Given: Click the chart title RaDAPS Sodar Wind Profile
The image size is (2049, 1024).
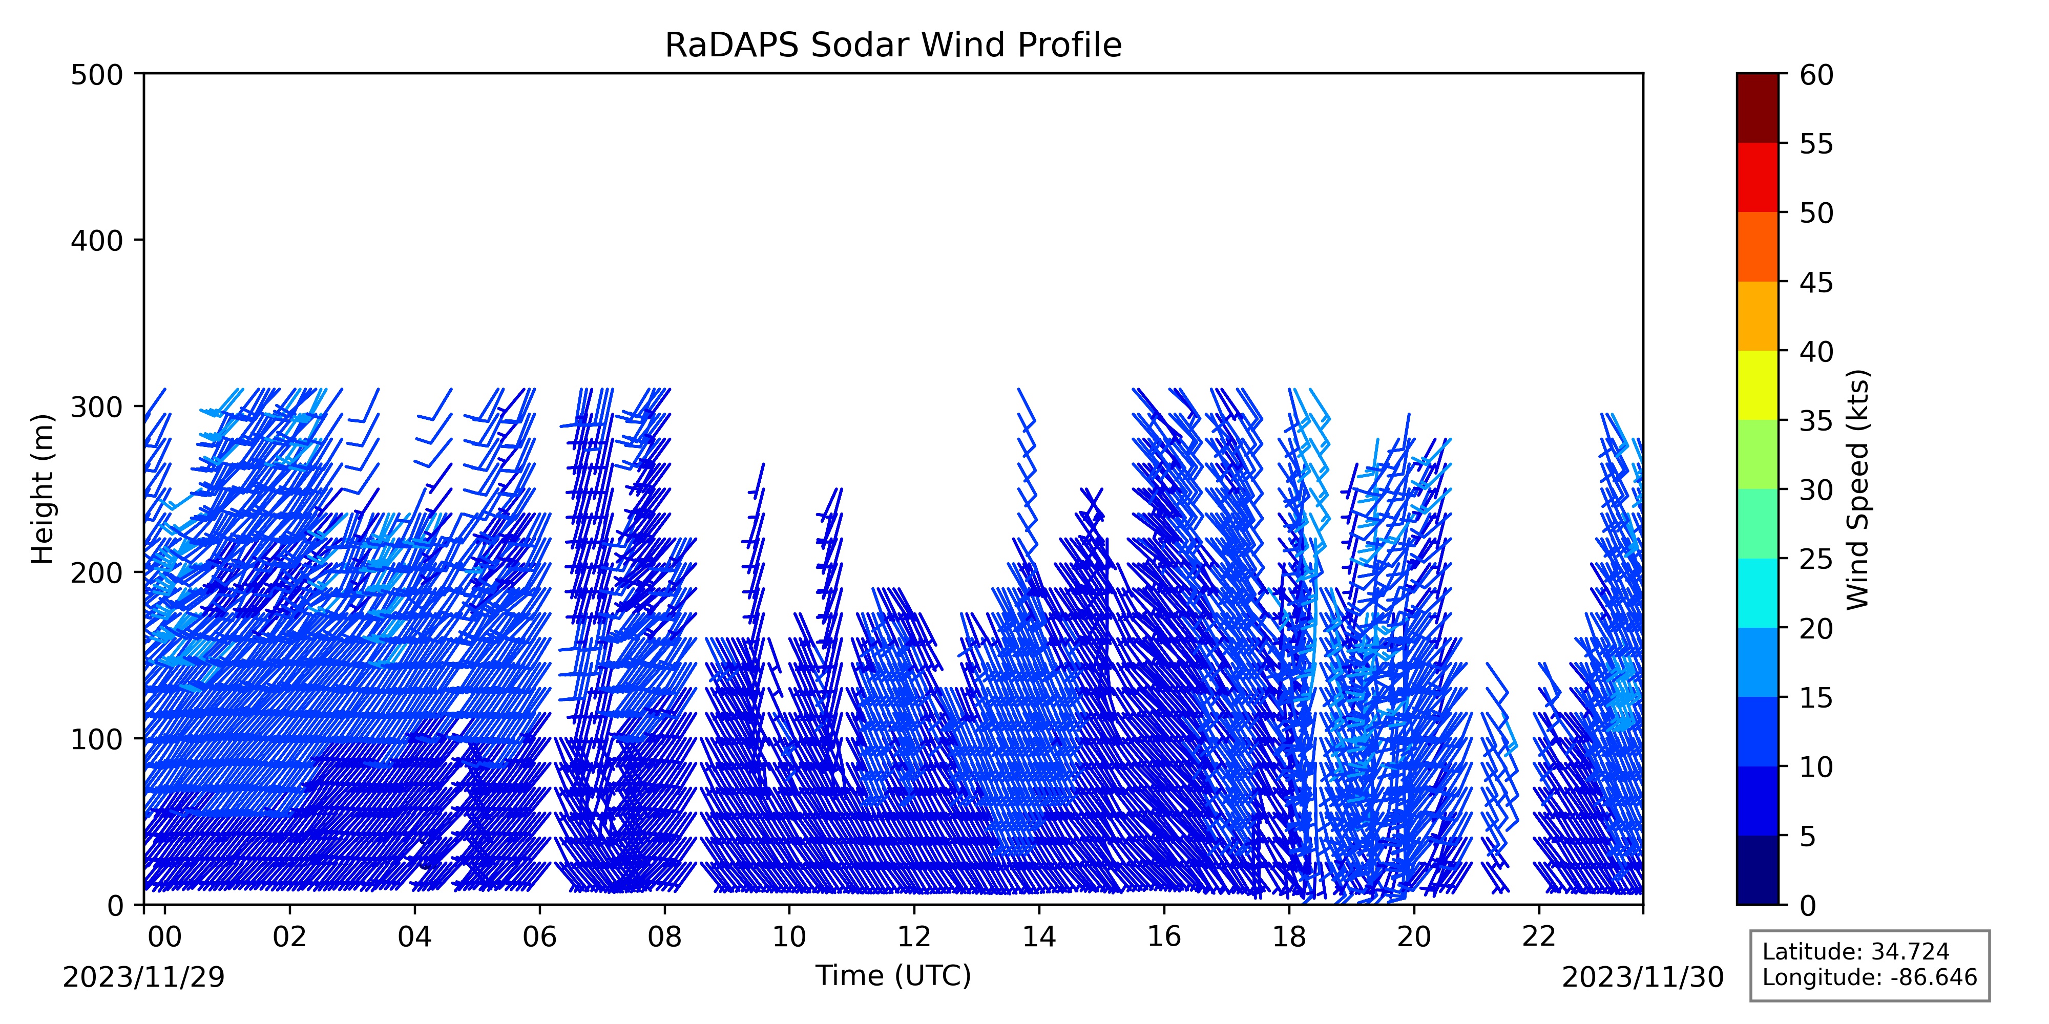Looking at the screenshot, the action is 893,46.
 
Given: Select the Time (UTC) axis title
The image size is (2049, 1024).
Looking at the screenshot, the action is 893,975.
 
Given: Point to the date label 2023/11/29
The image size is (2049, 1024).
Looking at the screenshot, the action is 144,977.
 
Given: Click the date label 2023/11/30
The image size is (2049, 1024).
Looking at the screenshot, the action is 1643,977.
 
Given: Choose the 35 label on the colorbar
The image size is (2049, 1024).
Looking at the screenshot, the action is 1817,420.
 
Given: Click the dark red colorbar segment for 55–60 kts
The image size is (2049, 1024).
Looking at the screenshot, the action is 1757,108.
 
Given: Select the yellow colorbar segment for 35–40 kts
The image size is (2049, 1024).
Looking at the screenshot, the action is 1757,386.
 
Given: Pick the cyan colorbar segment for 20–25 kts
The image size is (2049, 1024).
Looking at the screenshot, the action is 1757,593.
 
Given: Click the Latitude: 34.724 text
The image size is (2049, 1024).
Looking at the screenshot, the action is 1856,952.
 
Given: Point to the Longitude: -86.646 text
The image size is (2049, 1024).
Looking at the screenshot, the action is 1869,977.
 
